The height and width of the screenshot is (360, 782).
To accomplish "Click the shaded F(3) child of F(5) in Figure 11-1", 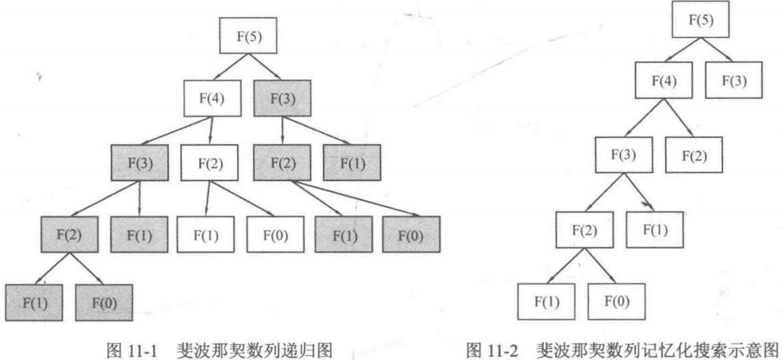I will (282, 97).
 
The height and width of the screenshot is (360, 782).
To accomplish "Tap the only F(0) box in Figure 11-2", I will (616, 302).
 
